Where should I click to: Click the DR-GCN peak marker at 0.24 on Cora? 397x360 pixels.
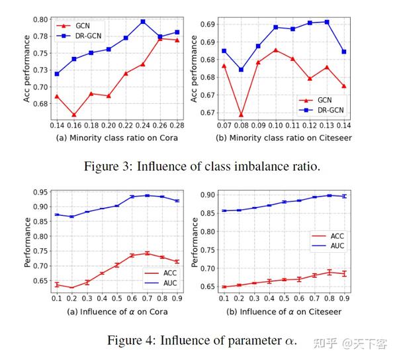click(142, 22)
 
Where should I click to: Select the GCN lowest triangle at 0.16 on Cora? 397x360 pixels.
click(73, 114)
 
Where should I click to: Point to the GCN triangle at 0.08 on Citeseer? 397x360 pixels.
click(241, 114)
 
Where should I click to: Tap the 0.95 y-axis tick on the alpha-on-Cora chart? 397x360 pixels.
click(40, 193)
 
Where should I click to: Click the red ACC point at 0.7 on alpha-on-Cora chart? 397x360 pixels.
click(147, 253)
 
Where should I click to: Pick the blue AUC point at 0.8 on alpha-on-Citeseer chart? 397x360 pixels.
click(329, 195)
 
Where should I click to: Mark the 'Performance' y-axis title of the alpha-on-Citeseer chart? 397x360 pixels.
click(195, 242)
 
